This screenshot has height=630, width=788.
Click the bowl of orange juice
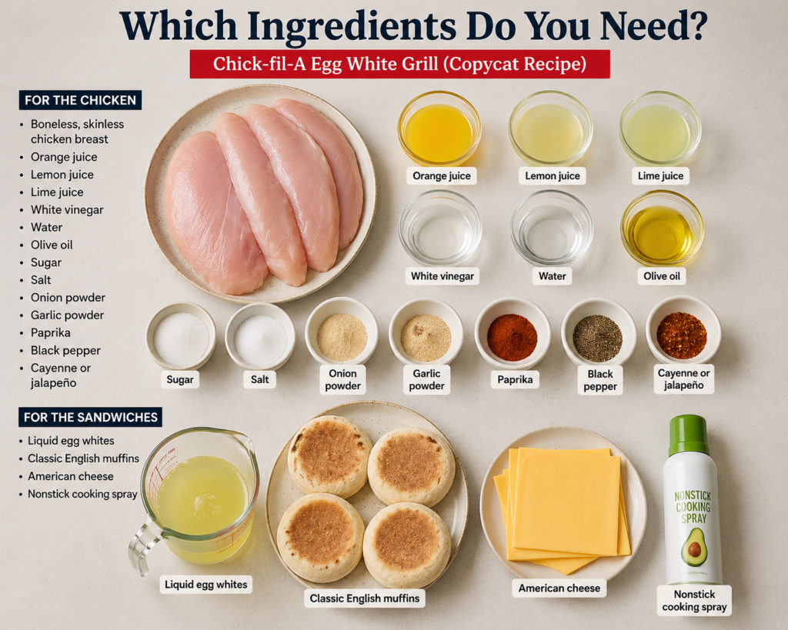coord(439,128)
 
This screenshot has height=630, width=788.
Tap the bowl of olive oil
coord(662,228)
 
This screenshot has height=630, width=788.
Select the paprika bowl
coord(512,332)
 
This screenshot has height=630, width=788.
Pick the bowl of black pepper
coord(599,334)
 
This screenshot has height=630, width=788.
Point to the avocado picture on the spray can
coord(694,547)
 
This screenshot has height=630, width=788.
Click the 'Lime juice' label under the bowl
coord(660,176)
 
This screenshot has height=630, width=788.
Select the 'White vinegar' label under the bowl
coord(442,276)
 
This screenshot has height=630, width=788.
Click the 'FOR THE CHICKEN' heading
coord(80,100)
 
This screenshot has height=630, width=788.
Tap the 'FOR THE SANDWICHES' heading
coord(91,417)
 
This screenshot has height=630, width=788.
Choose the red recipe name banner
coord(399,64)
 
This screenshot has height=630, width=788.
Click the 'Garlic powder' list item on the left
coord(68,315)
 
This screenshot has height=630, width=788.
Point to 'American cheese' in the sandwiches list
coord(71,475)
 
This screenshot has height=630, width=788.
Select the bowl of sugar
coord(181,335)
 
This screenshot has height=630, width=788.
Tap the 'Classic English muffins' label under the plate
coord(364,598)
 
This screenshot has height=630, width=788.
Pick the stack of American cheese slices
coord(563,508)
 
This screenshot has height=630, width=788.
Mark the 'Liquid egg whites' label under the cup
coord(206,585)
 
